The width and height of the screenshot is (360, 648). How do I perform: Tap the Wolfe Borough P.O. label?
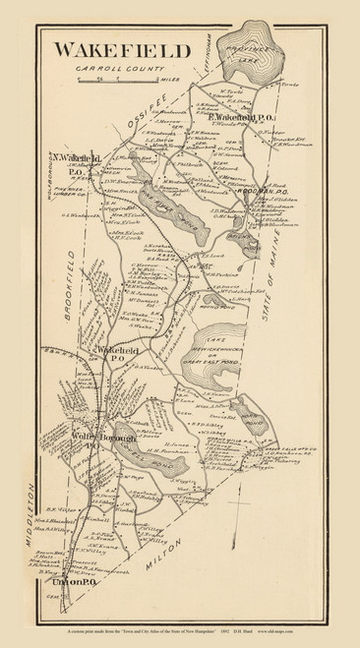click(92, 433)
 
